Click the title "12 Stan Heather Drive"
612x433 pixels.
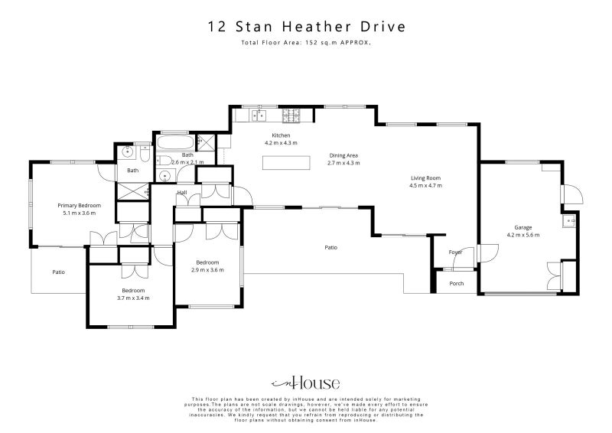tap(306, 27)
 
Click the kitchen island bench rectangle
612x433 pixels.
tap(287, 162)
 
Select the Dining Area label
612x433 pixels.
tap(343, 155)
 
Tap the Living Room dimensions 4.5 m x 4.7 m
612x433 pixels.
tap(425, 186)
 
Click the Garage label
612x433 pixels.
tap(523, 227)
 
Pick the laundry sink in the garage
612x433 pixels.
tap(568, 223)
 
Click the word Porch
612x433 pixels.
tap(457, 284)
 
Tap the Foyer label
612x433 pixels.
tap(455, 252)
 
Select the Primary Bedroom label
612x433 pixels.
tap(80, 205)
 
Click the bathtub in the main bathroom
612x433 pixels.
tap(174, 142)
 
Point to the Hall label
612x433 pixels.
tap(182, 193)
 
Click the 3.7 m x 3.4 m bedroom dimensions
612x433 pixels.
tap(133, 298)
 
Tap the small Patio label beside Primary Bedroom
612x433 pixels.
tap(58, 272)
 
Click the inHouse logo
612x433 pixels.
tap(306, 383)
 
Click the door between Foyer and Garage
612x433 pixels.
tap(480, 254)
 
